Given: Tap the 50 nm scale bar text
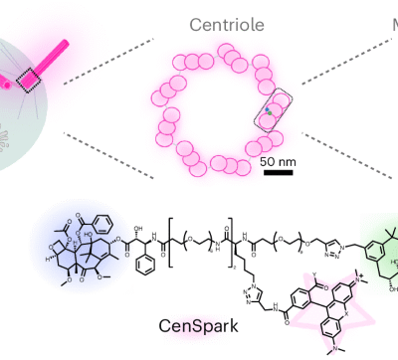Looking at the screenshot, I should click(x=278, y=161).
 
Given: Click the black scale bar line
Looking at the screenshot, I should click(x=278, y=172).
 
